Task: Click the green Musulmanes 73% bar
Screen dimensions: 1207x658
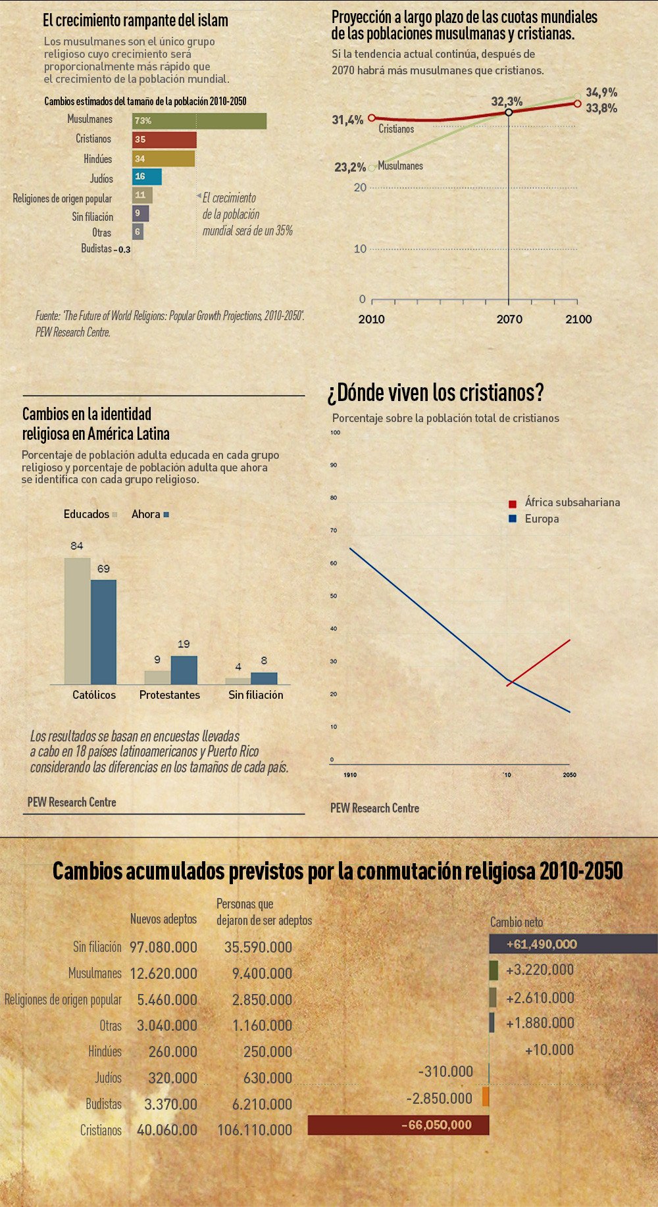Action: (x=199, y=121)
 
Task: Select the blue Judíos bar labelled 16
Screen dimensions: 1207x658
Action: (x=147, y=177)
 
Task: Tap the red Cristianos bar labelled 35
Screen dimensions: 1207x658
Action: (x=164, y=139)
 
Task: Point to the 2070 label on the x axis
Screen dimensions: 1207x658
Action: (x=509, y=319)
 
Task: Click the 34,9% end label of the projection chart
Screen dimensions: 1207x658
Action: (x=601, y=93)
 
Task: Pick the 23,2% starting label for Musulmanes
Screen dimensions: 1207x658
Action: (x=349, y=167)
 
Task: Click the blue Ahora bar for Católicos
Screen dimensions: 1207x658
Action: (x=103, y=632)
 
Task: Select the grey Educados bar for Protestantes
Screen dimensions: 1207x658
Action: (x=157, y=677)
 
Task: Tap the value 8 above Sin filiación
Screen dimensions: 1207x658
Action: (x=264, y=661)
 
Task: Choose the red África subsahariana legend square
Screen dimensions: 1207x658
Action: (x=513, y=504)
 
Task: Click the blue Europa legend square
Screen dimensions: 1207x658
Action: (x=513, y=519)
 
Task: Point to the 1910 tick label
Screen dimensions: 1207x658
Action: (x=350, y=775)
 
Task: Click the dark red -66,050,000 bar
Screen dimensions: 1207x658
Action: (x=398, y=1125)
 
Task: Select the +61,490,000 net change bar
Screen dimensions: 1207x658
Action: (x=572, y=944)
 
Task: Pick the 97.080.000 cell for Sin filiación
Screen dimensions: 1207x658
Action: (x=163, y=947)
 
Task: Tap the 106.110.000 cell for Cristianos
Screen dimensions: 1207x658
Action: (x=255, y=1130)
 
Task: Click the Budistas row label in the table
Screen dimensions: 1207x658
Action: (x=103, y=1104)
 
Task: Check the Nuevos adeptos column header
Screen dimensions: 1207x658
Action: (x=163, y=919)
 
